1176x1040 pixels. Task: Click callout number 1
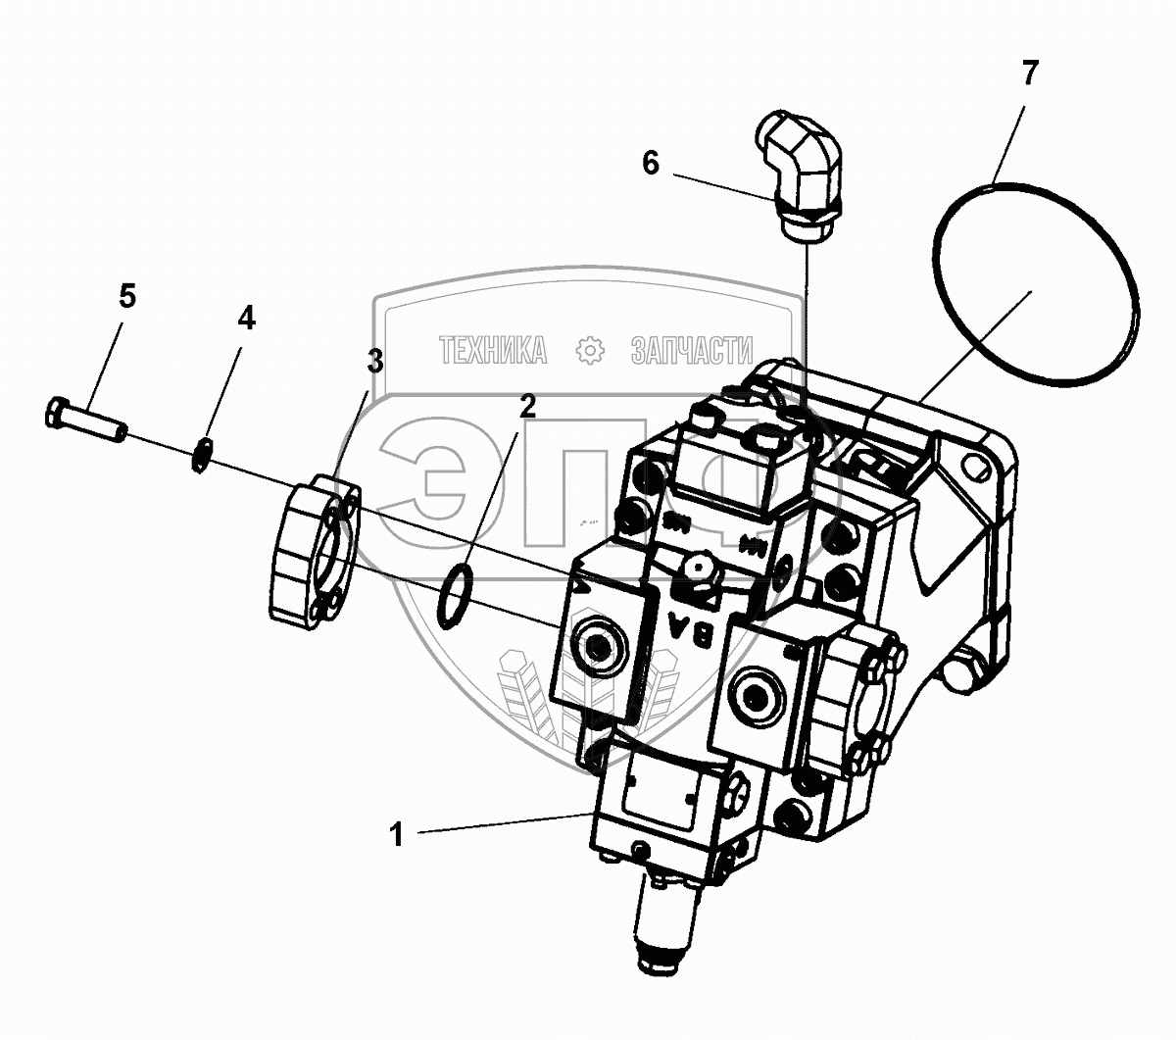[396, 835]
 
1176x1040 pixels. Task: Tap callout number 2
[527, 406]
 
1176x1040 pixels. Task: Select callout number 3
[374, 361]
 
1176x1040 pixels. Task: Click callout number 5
[127, 296]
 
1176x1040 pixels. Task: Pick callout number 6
[651, 163]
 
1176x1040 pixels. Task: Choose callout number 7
[1029, 73]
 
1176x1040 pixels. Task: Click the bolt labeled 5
[84, 420]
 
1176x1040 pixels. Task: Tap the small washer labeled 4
[202, 456]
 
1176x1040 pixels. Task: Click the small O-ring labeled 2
[454, 597]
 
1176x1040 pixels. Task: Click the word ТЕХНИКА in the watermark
[493, 350]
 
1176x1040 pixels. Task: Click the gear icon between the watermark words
[590, 350]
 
